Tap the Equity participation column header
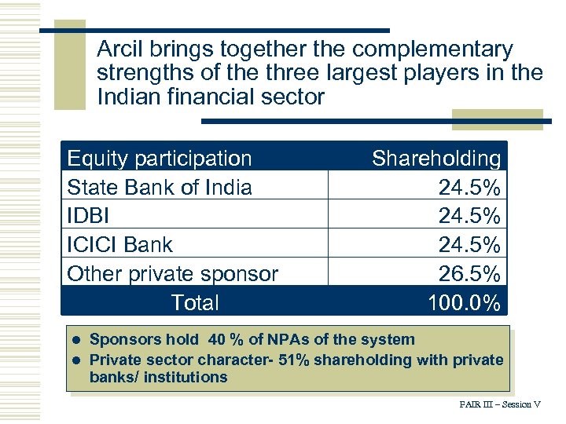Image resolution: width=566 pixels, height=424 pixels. tap(160, 158)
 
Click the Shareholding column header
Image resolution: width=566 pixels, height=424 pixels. tap(436, 158)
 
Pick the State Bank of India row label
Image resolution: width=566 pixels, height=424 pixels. tap(160, 187)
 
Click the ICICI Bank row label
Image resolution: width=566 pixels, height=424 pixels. tap(119, 245)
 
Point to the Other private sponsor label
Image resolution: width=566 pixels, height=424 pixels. tap(172, 274)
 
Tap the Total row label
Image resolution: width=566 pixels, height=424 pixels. tap(195, 302)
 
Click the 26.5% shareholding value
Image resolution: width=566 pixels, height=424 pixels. tap(469, 274)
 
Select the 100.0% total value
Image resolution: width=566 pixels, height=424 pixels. tap(464, 303)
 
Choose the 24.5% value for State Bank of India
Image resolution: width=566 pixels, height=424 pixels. tap(469, 187)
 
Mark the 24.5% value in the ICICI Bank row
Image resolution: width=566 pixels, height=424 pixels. tap(469, 245)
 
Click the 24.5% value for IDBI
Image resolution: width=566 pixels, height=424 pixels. tap(469, 216)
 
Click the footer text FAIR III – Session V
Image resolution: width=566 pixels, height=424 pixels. tap(500, 404)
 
